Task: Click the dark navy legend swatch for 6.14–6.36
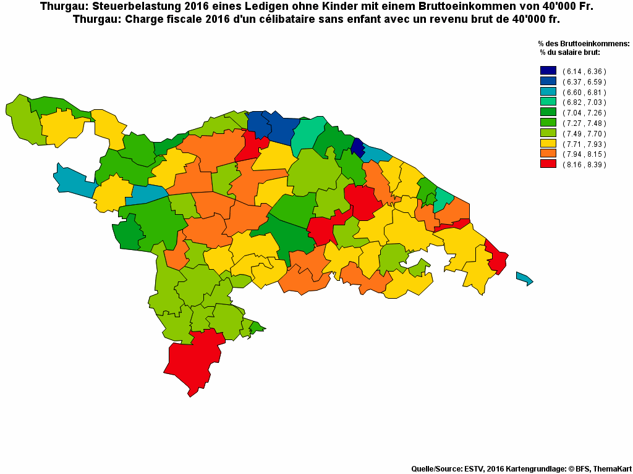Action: click(548, 71)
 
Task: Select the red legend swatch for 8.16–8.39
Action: click(548, 164)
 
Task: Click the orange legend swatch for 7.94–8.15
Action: click(548, 154)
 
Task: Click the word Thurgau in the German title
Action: click(61, 7)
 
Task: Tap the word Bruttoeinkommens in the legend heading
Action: click(593, 44)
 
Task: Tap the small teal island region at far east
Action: click(524, 278)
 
